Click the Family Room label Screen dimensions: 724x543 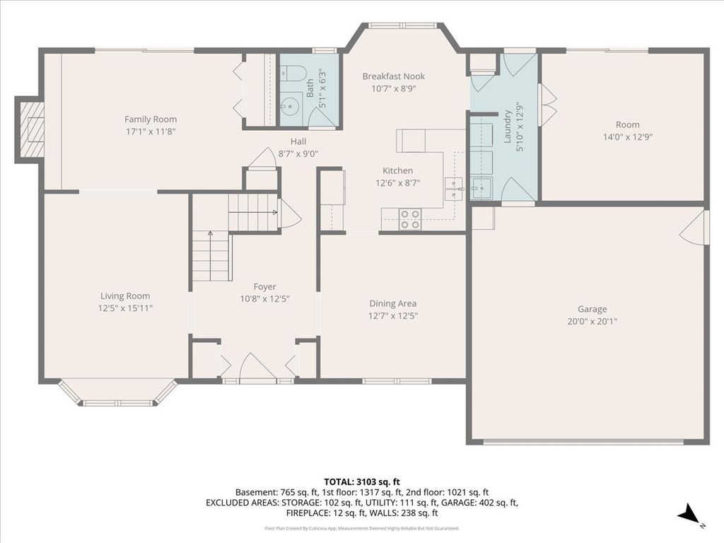[151, 119]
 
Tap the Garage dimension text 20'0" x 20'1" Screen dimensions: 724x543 [592, 322]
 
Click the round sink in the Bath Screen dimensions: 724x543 [289, 106]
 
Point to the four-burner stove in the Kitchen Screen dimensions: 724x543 [409, 219]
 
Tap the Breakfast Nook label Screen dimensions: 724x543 [393, 76]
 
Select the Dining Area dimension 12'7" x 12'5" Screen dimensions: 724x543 [393, 316]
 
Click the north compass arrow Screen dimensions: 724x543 [689, 513]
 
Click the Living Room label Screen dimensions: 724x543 [125, 296]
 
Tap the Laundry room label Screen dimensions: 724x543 [508, 126]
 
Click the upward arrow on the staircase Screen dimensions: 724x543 [211, 256]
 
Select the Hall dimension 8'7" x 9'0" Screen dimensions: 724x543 [298, 153]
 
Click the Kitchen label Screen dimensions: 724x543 [397, 170]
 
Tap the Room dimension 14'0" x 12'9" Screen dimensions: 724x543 [628, 136]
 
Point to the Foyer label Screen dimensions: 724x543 [264, 287]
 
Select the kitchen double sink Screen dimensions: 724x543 [453, 189]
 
